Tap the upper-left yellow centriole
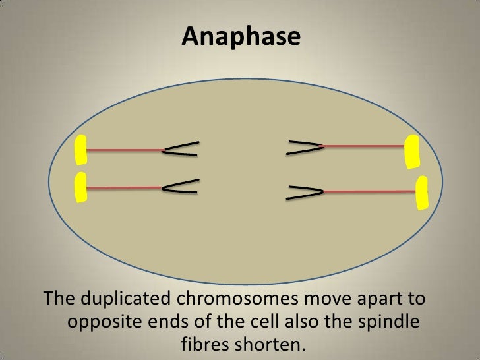coord(80,150)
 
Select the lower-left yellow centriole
coord(81,188)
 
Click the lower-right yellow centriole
coord(421,193)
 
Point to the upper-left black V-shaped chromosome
coord(181,150)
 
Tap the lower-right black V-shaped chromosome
coord(306,191)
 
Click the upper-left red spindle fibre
coord(124,150)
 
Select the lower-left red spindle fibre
coord(124,189)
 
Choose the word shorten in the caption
coord(272,345)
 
